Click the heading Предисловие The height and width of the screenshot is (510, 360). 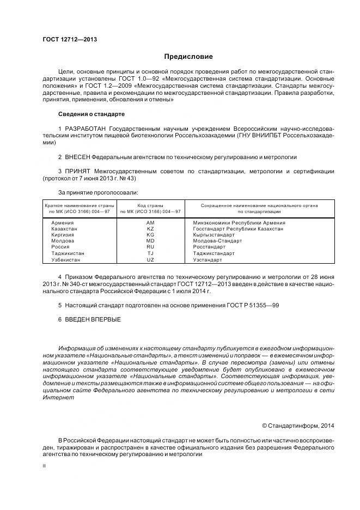(189, 57)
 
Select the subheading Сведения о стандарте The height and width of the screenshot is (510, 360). (91, 114)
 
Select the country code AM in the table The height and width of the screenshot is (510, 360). (150, 223)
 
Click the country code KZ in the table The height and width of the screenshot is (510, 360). (150, 229)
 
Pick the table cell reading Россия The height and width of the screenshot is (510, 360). (60, 247)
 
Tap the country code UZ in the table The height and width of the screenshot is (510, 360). (150, 259)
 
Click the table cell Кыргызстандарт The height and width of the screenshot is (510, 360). (214, 235)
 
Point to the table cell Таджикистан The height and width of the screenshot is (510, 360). (68, 253)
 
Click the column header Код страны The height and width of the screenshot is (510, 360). (150, 205)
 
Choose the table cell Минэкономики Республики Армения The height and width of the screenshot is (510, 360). (239, 223)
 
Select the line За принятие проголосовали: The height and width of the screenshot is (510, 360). (98, 192)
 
